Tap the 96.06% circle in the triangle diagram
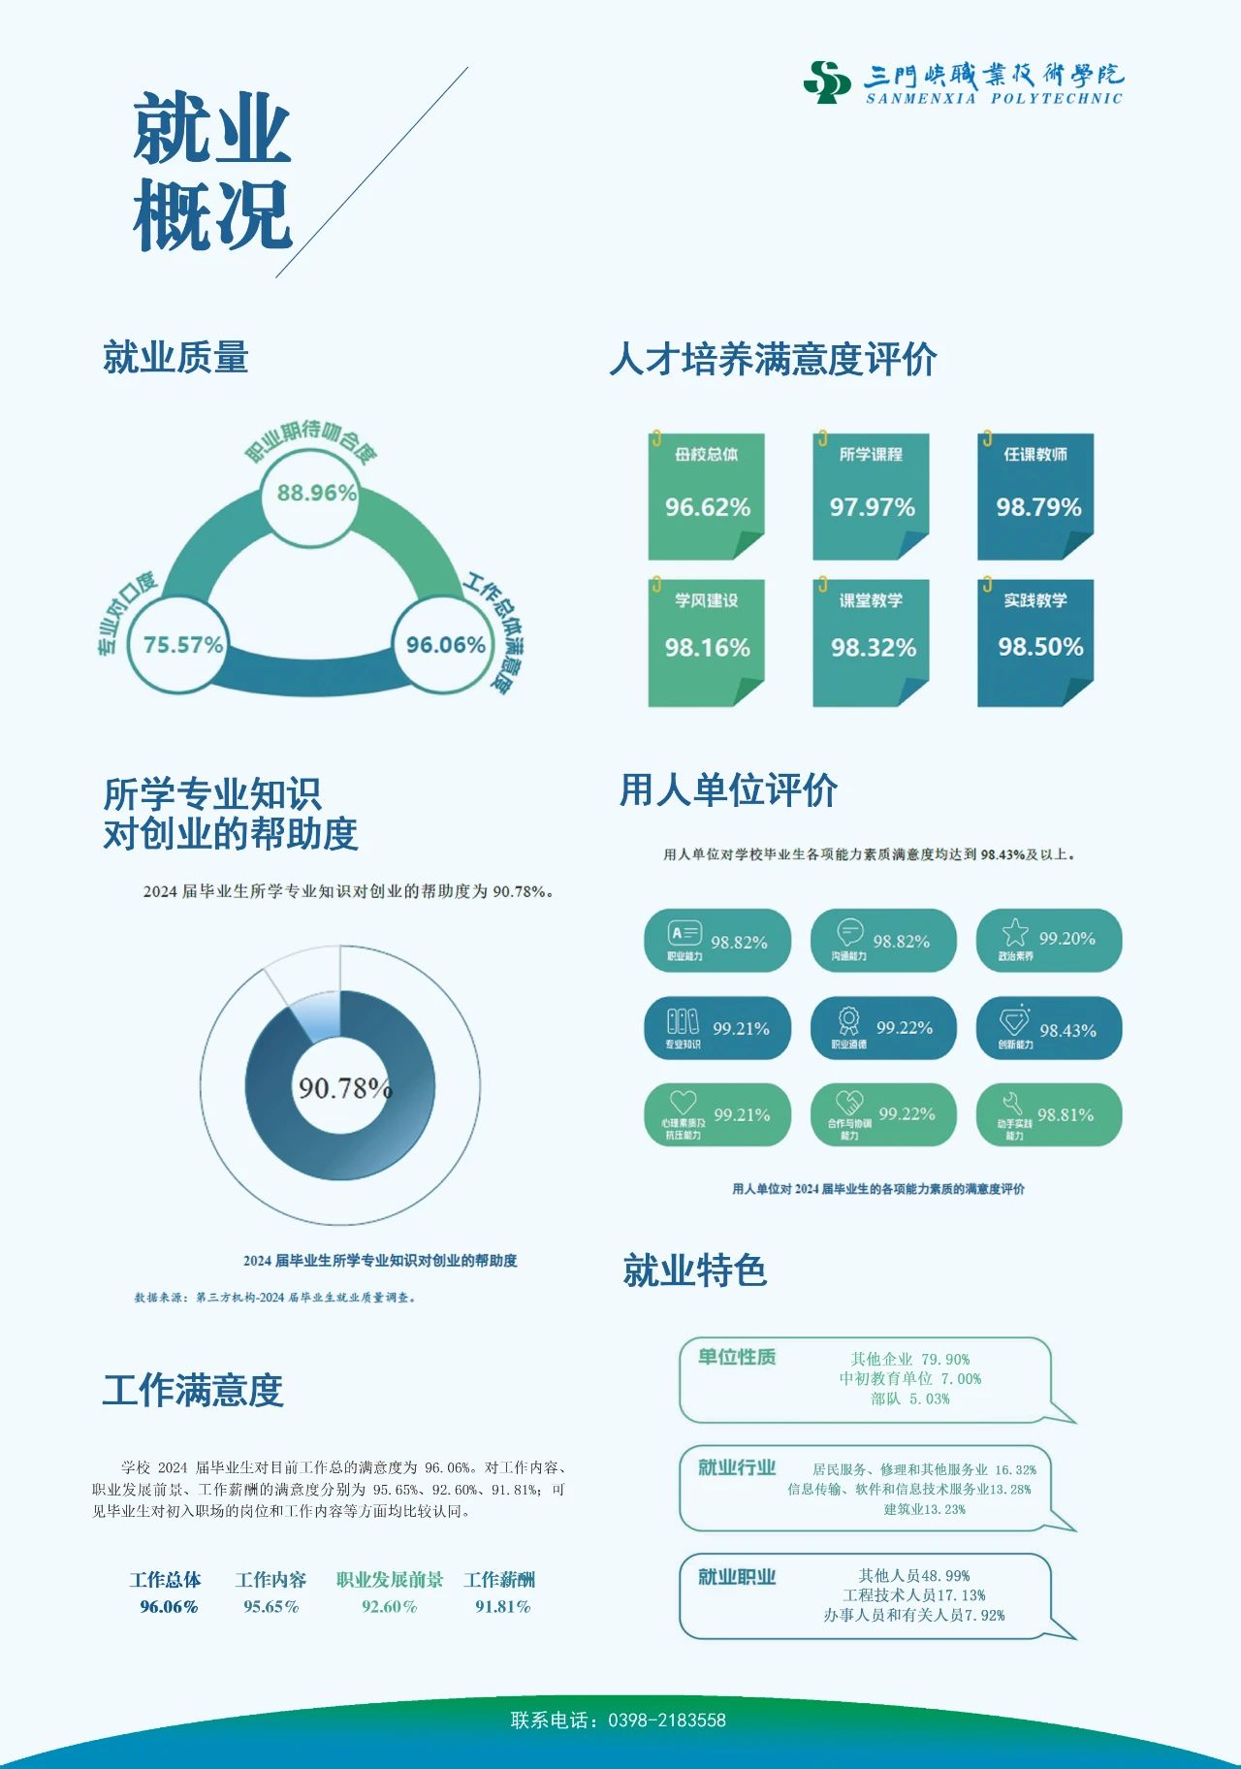click(445, 645)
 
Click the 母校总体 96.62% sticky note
click(707, 497)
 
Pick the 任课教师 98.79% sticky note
click(1035, 497)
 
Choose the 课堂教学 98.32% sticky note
click(871, 642)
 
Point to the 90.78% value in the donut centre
click(343, 1088)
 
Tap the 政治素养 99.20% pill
click(1049, 940)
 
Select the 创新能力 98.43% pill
click(1049, 1028)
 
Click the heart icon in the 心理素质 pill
click(683, 1102)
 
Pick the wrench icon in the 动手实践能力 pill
click(1012, 1103)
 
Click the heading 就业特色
click(694, 1270)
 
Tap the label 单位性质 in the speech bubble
click(737, 1357)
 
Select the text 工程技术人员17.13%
click(913, 1595)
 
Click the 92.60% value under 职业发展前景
click(389, 1607)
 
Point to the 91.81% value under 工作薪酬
click(502, 1607)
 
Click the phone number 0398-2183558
click(666, 1721)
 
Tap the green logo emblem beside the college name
click(827, 82)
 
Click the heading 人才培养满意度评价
click(773, 360)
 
